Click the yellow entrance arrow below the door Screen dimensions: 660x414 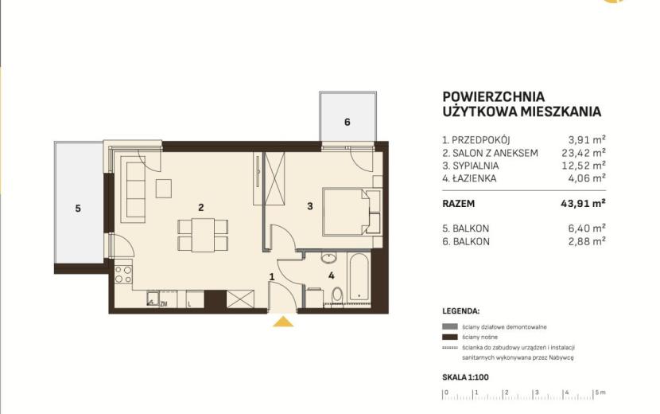[x=283, y=322]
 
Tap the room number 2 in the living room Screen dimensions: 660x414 [x=201, y=208]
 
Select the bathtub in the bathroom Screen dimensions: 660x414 [x=359, y=277]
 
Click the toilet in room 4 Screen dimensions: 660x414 [x=337, y=295]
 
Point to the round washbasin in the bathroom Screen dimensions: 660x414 [x=328, y=257]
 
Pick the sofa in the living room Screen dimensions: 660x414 [x=133, y=189]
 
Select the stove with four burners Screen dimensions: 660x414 [x=124, y=274]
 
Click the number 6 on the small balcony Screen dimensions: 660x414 [x=347, y=122]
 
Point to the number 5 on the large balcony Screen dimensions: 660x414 [x=78, y=209]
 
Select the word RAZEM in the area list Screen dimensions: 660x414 [x=458, y=204]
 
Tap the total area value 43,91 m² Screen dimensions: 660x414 [x=583, y=204]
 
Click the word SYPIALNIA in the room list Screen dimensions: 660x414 [x=476, y=166]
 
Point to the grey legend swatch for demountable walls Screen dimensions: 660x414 [x=449, y=326]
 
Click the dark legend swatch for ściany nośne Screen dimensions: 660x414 [x=449, y=337]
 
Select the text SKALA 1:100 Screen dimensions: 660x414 [x=465, y=377]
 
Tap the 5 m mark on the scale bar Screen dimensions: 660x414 [x=600, y=393]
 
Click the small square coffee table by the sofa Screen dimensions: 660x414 [x=164, y=189]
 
